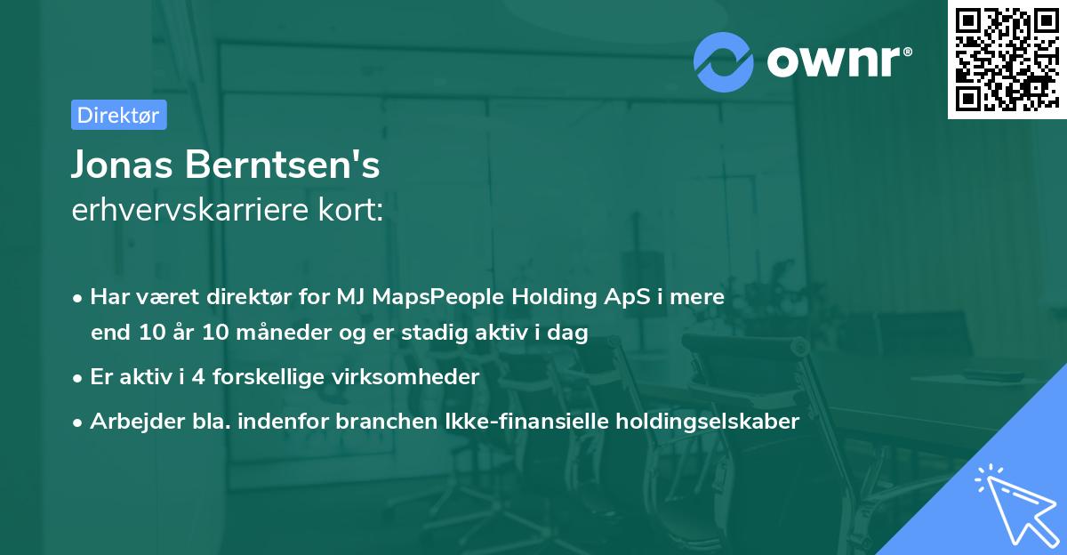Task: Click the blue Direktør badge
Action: [118, 115]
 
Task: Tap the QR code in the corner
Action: [1006, 59]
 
